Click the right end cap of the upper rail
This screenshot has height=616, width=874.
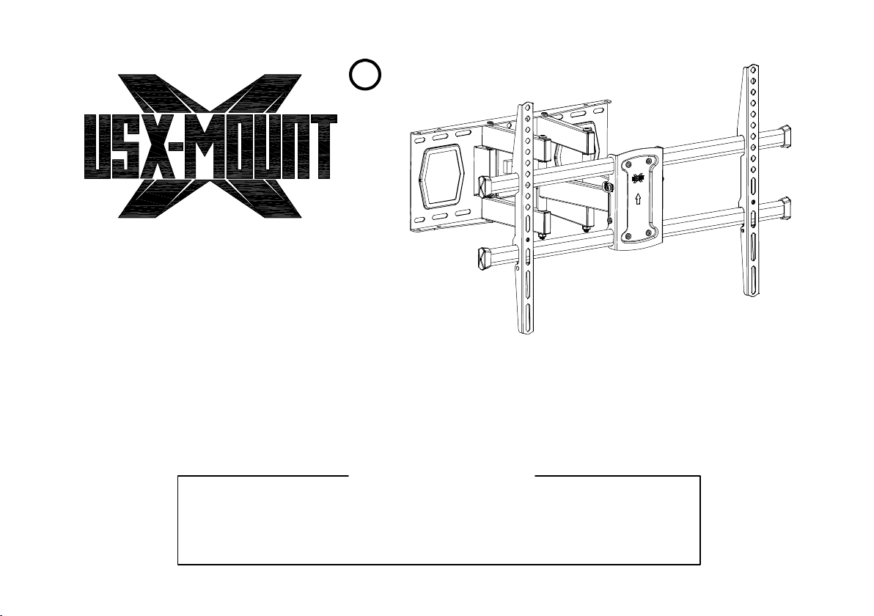click(x=787, y=136)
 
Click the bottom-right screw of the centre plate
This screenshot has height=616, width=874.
click(x=649, y=233)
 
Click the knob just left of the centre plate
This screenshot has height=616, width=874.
click(x=607, y=186)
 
